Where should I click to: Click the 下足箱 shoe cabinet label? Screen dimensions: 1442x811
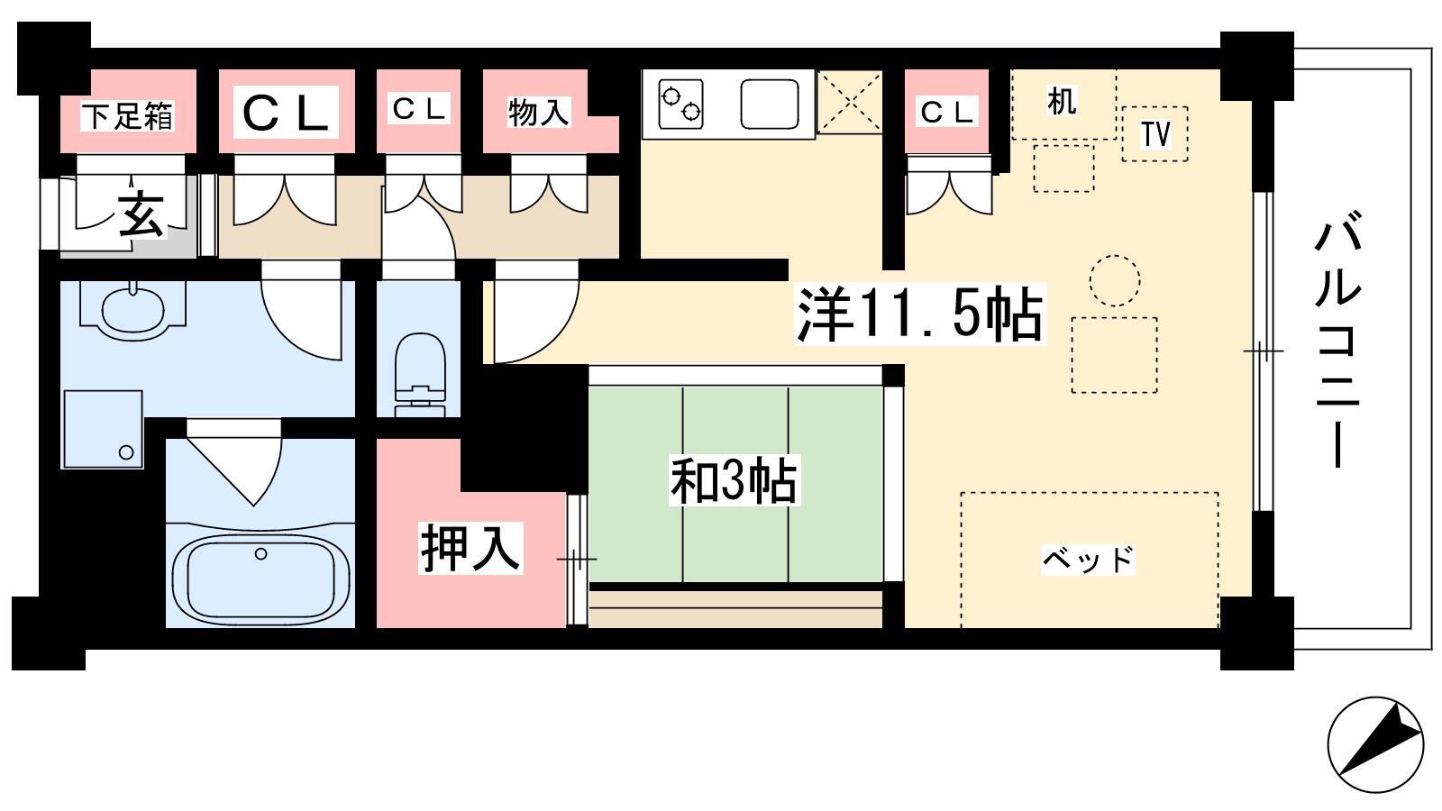[127, 116]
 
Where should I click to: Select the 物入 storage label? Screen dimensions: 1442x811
[538, 113]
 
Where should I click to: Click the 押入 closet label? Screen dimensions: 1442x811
[470, 548]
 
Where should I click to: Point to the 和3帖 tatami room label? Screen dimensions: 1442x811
[734, 481]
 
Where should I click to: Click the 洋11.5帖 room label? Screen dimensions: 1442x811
[919, 314]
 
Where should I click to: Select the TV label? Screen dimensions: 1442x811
[1155, 134]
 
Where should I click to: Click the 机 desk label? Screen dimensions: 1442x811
[1062, 102]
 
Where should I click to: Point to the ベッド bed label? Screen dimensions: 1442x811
[1088, 560]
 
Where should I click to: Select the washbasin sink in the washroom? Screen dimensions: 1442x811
[132, 310]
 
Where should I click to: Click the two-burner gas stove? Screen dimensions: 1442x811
[680, 104]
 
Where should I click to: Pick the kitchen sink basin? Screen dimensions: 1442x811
[770, 105]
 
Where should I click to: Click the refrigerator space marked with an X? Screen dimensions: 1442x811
[850, 103]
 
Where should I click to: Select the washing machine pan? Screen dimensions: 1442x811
[103, 429]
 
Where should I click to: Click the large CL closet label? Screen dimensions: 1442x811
[286, 113]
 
